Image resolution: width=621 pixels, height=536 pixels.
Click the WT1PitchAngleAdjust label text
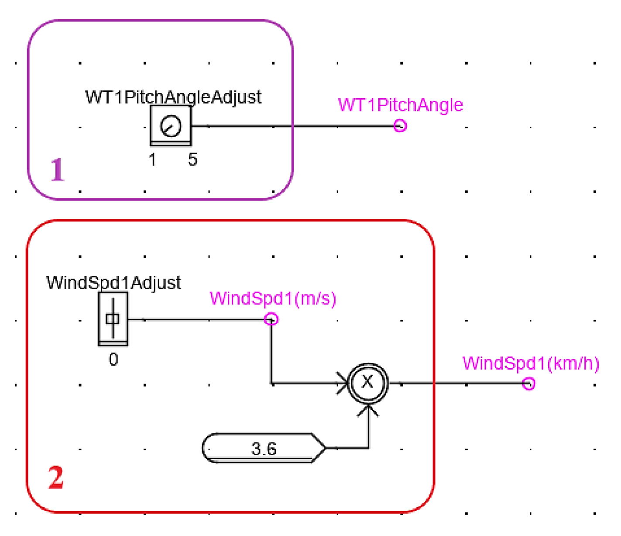tap(173, 97)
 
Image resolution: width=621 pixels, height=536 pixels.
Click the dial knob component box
tap(171, 126)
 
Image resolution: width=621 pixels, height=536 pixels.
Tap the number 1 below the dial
tap(152, 160)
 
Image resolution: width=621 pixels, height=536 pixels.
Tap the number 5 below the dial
tap(192, 160)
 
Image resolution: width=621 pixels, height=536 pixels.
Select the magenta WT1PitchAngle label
tap(400, 105)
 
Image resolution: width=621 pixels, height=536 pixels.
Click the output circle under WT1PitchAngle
tap(400, 126)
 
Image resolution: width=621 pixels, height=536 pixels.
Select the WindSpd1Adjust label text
tap(113, 283)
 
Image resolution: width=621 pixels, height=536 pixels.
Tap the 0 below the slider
tap(113, 360)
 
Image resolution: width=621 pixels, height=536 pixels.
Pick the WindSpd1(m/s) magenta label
tap(273, 299)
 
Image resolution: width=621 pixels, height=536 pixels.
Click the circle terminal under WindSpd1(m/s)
tap(271, 319)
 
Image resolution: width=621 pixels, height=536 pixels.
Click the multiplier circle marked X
tap(368, 382)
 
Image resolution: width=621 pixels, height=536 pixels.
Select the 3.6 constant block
tap(264, 448)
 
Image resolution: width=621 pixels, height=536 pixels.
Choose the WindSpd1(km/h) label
tap(531, 363)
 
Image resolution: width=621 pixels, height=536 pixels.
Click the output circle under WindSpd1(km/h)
tap(528, 384)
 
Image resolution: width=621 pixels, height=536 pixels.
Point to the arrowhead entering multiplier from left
tap(343, 383)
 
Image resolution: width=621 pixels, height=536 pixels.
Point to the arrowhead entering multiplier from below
tap(368, 411)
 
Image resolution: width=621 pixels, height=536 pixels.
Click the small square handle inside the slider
tap(113, 319)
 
